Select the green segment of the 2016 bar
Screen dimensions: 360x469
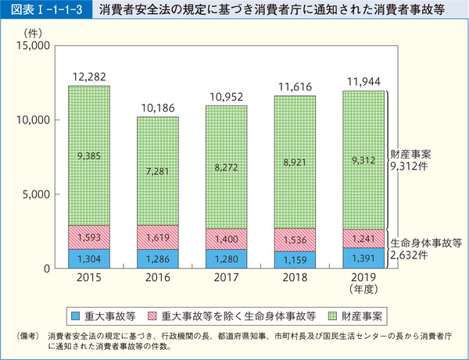pyautogui.click(x=157, y=171)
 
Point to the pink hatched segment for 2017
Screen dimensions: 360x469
pyautogui.click(x=227, y=239)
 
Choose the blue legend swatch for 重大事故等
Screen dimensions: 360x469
pyautogui.click(x=76, y=316)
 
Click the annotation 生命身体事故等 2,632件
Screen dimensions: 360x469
pyautogui.click(x=424, y=248)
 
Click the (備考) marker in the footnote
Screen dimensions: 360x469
pyautogui.click(x=27, y=336)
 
